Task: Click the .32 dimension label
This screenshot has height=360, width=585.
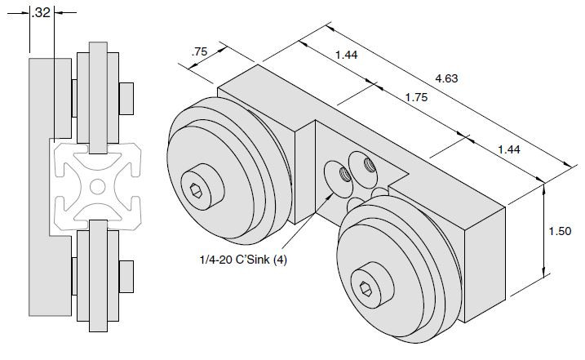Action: [40, 12]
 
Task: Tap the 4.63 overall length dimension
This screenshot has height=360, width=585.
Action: [445, 78]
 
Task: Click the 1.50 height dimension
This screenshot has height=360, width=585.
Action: [561, 231]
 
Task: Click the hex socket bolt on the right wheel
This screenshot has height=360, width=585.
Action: [366, 287]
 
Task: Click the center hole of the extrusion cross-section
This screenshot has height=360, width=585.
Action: [97, 187]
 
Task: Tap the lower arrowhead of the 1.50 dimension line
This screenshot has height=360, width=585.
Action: [543, 275]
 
